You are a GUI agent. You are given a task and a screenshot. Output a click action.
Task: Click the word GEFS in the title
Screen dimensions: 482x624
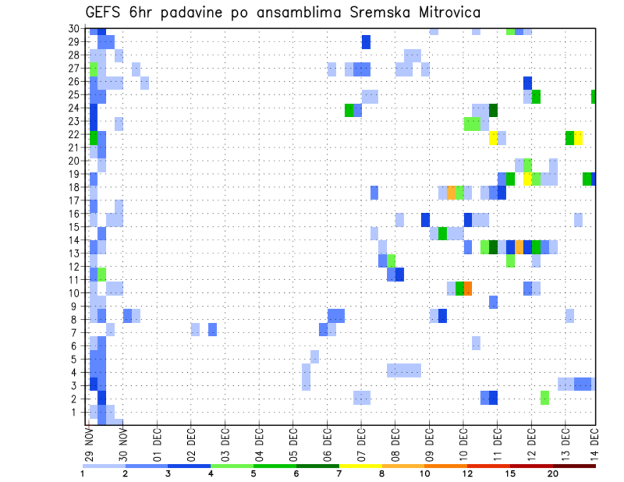[x=103, y=12]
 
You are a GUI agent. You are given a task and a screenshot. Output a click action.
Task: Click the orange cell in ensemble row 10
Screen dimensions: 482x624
[x=468, y=288]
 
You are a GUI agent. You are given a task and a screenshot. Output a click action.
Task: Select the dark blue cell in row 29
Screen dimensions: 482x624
[x=366, y=42]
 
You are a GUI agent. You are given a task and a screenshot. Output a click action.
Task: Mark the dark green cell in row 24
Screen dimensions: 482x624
[x=493, y=110]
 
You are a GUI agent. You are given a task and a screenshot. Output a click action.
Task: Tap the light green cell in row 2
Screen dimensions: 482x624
[x=545, y=397]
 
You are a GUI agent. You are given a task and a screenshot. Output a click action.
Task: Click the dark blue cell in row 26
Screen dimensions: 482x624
[x=527, y=82]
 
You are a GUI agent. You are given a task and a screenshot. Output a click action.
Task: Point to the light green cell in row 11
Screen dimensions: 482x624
[x=101, y=274]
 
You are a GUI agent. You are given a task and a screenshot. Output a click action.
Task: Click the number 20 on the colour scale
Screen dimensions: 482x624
[x=553, y=474]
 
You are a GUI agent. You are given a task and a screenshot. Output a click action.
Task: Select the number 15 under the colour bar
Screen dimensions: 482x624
[x=511, y=474]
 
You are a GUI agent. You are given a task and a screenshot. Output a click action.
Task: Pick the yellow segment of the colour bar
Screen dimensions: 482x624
[x=361, y=465]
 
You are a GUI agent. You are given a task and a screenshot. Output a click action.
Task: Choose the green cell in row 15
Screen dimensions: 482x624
[x=443, y=233]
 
